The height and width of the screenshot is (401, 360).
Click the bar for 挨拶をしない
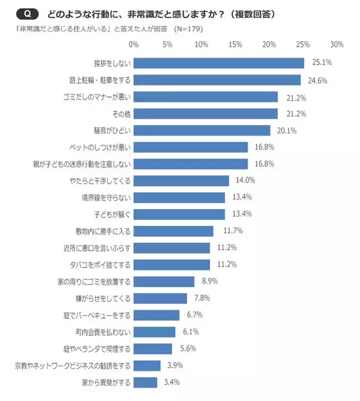pos(219,63)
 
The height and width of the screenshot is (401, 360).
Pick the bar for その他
pos(206,113)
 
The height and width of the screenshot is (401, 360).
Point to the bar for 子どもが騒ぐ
pos(179,214)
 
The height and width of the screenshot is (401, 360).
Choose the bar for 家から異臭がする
pos(146,382)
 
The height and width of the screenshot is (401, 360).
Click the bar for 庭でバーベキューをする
pos(157,315)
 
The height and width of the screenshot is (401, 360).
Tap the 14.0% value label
pos(246,180)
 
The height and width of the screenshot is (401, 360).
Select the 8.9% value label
pos(209,281)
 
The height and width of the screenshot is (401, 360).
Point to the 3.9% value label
pos(175,365)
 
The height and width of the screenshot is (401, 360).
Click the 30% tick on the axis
pos(337,44)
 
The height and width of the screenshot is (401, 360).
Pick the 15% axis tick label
pos(235,44)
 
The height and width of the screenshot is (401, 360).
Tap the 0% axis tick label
pos(134,44)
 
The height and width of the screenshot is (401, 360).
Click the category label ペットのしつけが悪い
pos(101,147)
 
